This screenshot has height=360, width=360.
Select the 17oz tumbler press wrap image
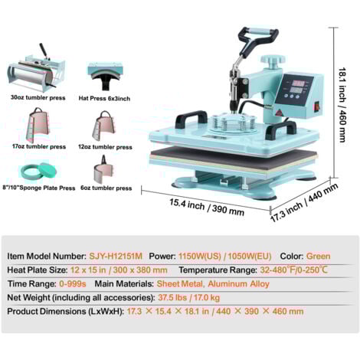38,126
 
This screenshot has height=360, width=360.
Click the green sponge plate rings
38,171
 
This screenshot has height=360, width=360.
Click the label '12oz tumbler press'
105,147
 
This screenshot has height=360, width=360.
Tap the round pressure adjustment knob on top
273,61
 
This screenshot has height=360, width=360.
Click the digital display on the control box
298,87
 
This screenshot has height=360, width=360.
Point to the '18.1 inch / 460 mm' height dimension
342,105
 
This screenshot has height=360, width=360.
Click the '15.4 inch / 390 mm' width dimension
207,207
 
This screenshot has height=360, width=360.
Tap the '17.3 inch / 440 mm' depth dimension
304,203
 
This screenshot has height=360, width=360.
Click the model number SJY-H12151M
116,256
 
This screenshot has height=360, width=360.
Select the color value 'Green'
318,256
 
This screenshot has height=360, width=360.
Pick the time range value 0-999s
73,283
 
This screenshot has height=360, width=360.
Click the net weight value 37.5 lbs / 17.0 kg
189,297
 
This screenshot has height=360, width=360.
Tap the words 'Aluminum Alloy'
239,284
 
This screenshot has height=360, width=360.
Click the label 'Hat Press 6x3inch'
104,99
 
